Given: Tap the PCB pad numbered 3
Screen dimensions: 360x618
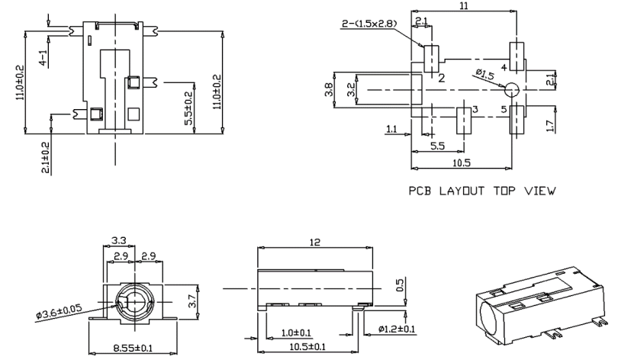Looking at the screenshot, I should (x=463, y=120).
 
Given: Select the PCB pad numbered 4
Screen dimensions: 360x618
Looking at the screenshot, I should (x=517, y=56).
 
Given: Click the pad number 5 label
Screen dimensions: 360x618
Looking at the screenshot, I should (x=504, y=110).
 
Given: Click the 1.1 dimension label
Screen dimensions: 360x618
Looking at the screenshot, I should (x=391, y=130).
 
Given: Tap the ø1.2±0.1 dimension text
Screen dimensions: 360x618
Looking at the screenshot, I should (x=397, y=329).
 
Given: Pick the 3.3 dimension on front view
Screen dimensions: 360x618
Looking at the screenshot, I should (x=119, y=241).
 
